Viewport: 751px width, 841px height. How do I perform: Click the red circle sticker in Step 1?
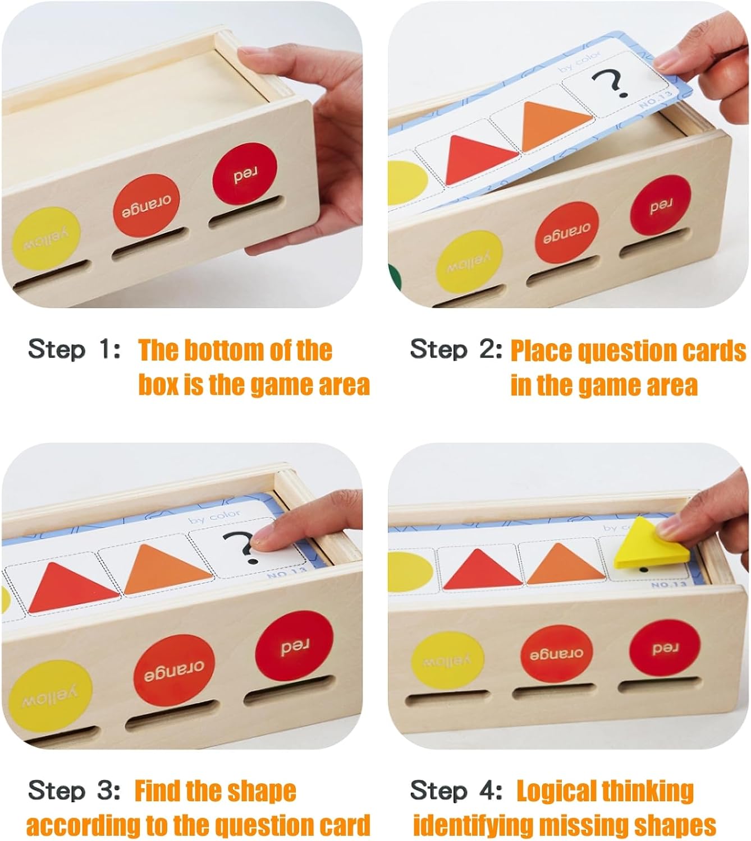click(245, 174)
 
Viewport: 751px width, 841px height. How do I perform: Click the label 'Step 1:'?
click(74, 349)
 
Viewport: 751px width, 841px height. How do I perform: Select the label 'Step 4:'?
click(456, 791)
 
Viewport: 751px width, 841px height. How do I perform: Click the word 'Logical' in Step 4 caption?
click(555, 791)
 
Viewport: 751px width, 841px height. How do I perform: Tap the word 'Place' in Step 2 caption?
click(541, 350)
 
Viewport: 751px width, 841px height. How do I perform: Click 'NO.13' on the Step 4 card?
click(668, 585)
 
